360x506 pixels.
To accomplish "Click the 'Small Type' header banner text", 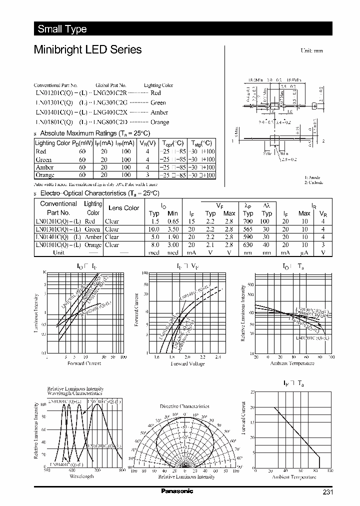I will click(x=62, y=29).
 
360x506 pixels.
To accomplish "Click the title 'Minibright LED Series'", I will click(x=87, y=50).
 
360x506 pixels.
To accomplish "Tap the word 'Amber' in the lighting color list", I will click(x=159, y=112).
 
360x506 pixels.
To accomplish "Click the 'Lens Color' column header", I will click(x=123, y=208).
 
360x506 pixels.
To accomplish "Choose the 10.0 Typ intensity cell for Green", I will click(x=154, y=229).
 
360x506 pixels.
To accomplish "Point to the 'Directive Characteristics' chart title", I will click(x=184, y=406).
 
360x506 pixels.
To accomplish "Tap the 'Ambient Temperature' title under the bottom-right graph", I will click(x=294, y=477).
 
